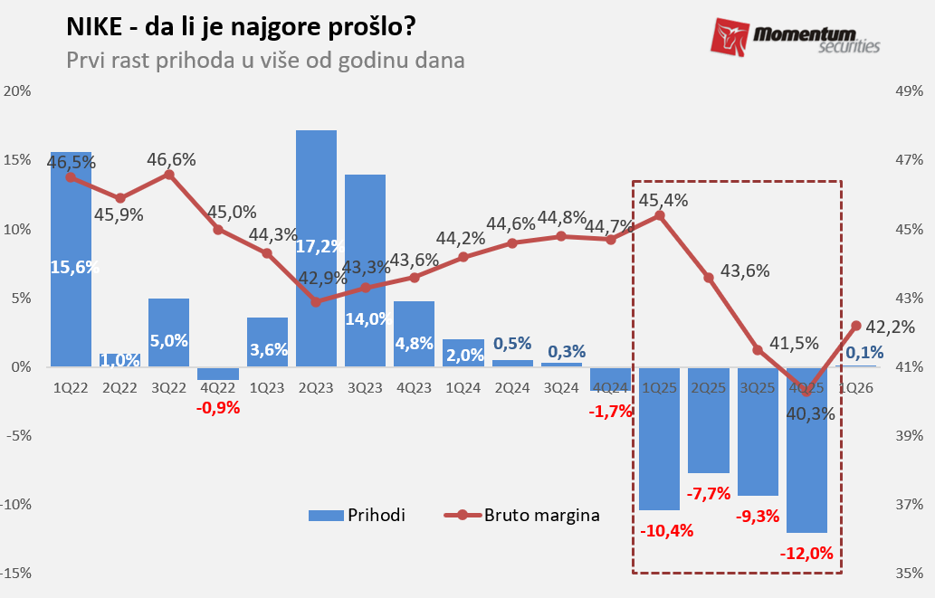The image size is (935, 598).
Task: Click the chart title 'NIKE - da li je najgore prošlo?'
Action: pos(241,28)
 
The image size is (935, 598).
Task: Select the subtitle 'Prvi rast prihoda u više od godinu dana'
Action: pos(265,61)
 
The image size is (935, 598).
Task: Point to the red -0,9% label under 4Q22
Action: pos(218,407)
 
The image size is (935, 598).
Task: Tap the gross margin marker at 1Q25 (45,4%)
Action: pos(660,215)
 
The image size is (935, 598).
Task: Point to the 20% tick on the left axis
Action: pos(18,90)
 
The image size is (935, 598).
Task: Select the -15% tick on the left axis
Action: pos(18,573)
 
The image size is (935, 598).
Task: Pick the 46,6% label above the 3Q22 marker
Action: pos(172,159)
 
